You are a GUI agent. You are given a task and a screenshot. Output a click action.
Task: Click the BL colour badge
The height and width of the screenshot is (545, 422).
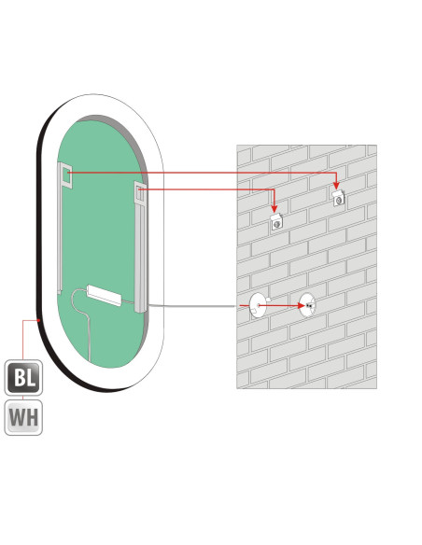23,377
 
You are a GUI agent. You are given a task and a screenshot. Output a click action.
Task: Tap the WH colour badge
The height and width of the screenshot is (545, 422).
23,417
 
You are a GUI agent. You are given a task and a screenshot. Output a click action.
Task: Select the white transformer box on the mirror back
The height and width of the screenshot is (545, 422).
105,295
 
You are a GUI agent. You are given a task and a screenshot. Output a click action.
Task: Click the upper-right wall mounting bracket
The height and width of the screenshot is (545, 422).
338,198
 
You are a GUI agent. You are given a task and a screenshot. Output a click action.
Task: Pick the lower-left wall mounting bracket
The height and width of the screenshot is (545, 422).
276,221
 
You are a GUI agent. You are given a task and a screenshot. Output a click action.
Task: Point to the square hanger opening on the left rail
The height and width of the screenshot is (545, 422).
65,176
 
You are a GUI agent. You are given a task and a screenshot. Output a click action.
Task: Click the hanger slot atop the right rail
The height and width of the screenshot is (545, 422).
140,193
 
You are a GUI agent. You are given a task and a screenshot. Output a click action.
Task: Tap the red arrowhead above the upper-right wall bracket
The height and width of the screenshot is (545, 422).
336,186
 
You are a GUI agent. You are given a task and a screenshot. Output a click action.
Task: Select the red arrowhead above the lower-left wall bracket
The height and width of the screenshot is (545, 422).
274,208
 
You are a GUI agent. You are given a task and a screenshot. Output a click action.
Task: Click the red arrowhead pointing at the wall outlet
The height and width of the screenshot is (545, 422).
301,305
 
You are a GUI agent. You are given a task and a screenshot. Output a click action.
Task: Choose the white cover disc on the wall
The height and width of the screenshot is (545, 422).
258,305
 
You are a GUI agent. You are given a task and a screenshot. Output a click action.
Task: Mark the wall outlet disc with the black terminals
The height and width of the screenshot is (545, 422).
307,305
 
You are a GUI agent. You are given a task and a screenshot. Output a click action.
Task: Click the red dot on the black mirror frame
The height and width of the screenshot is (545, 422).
39,320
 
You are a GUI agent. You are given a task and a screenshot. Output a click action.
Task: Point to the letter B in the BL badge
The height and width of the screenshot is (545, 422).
19,377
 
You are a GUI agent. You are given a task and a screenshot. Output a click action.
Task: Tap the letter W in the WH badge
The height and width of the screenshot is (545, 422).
17,417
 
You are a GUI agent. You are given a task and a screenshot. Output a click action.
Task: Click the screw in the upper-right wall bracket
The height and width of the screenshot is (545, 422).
338,201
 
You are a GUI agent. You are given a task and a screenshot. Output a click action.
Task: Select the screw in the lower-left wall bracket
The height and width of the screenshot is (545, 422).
276,224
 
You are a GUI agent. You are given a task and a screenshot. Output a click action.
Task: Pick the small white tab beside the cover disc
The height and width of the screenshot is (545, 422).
268,300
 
